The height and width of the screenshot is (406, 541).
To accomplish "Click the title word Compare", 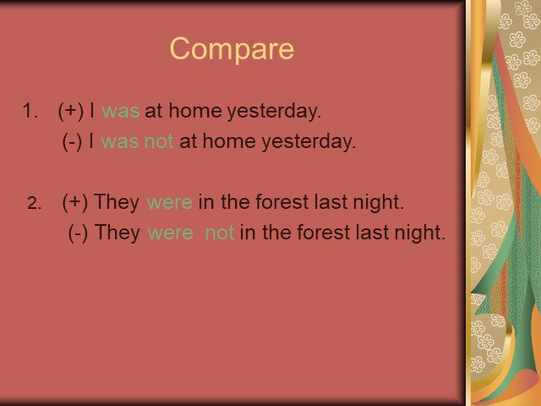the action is click(x=232, y=49).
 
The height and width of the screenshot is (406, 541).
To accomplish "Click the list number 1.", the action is click(x=30, y=111).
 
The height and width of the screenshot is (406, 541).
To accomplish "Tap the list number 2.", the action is click(x=34, y=203).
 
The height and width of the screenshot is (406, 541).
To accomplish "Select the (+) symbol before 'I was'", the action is click(x=71, y=111).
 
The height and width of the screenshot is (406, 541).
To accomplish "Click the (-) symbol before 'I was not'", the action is click(x=72, y=141).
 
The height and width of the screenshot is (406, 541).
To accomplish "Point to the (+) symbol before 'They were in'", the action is click(x=75, y=202).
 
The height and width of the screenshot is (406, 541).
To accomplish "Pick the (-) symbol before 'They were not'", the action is click(x=78, y=233).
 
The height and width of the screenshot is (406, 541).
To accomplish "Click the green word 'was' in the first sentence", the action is click(x=121, y=112).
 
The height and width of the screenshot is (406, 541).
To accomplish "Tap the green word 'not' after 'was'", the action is click(x=159, y=141).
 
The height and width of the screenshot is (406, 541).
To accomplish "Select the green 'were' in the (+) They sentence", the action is click(x=169, y=202).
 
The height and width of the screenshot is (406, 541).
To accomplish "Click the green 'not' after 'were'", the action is click(x=220, y=233).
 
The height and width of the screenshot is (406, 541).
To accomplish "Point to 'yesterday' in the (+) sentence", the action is click(x=274, y=112).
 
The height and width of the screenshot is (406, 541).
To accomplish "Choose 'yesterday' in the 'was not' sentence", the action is click(x=309, y=142).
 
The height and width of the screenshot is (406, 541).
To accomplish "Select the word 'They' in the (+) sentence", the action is click(x=117, y=202).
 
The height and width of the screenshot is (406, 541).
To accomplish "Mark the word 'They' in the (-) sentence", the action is click(x=117, y=233).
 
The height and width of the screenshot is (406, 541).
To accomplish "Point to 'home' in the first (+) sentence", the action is click(x=195, y=111).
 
